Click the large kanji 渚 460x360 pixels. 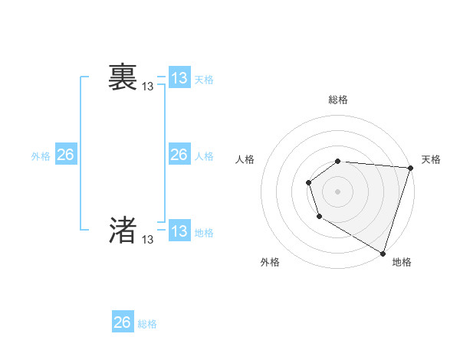point(123,230)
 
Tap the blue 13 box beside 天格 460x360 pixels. point(179,78)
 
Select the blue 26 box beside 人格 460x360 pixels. point(179,155)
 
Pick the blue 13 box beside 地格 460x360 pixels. point(179,231)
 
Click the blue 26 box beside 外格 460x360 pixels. point(65,155)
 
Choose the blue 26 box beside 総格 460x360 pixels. point(123,322)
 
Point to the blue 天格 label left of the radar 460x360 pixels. point(204,79)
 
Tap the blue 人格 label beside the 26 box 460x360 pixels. point(204,155)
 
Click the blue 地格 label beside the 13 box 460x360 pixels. point(204,232)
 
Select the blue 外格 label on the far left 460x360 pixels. point(41,155)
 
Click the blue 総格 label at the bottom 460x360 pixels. point(147,323)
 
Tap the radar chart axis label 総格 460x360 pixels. point(338,100)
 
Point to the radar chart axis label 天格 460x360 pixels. point(431,159)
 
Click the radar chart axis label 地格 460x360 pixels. point(402,262)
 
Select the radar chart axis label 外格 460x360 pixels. point(270,262)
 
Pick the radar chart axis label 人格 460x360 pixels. point(245,159)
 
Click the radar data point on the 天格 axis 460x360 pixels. point(410,168)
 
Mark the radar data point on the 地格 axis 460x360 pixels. point(383,253)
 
